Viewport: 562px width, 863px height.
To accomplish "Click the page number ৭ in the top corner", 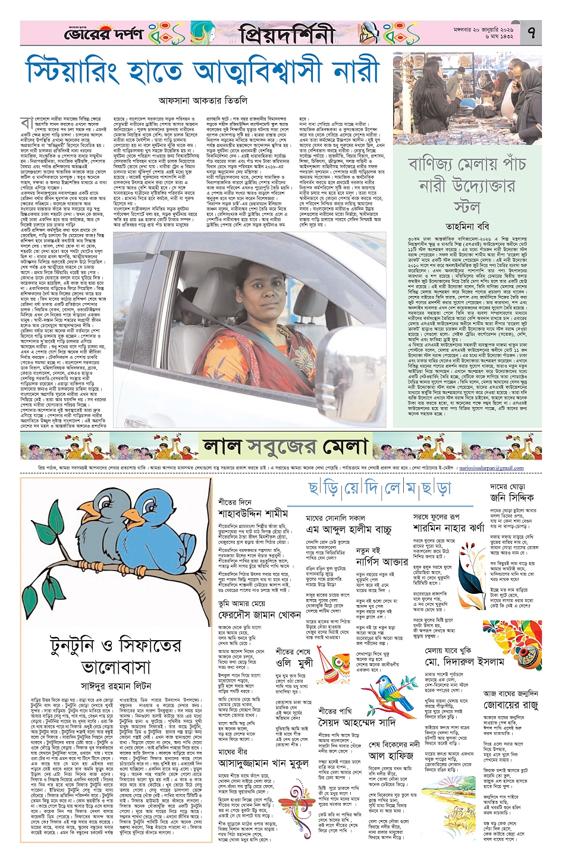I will click(x=531, y=33).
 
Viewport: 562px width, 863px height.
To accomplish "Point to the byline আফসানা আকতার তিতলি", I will click(x=203, y=100).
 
